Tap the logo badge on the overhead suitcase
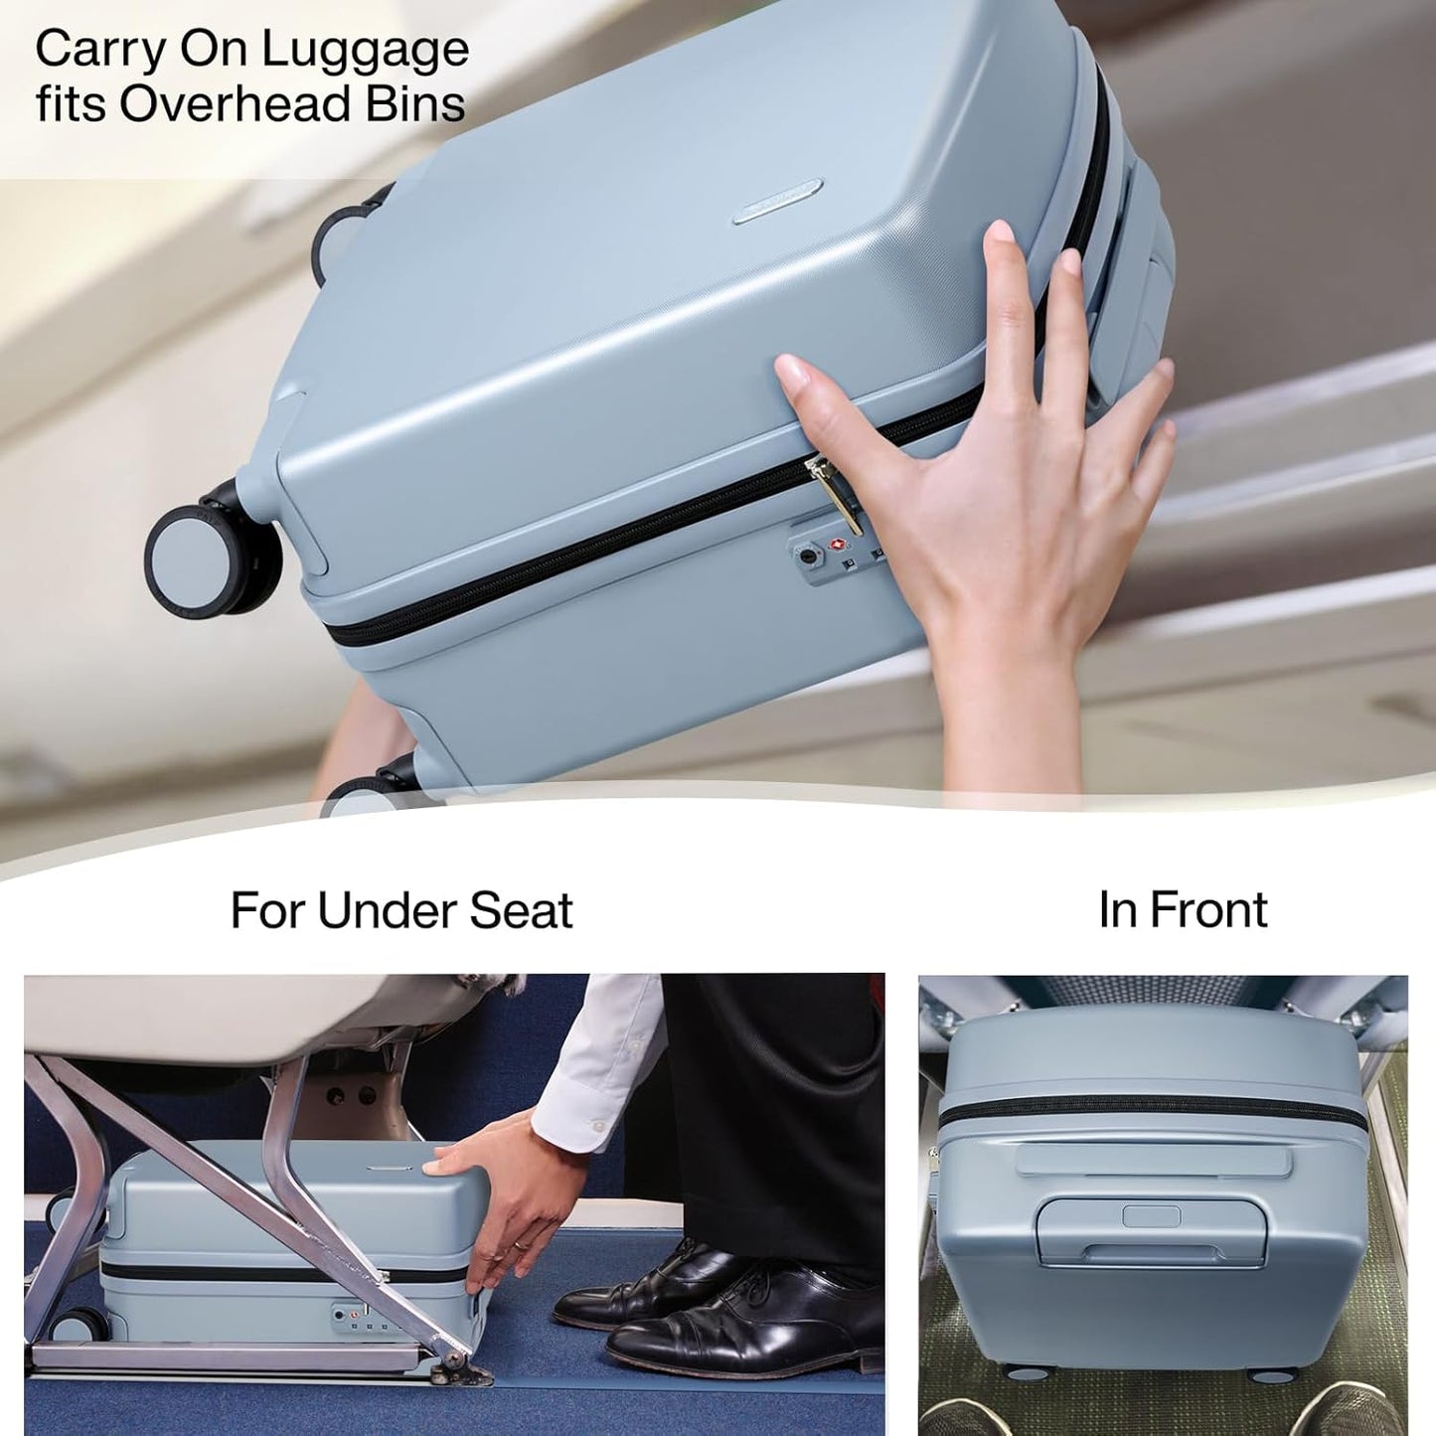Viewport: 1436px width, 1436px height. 777,201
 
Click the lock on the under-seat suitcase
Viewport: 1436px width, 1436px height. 353,1318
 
